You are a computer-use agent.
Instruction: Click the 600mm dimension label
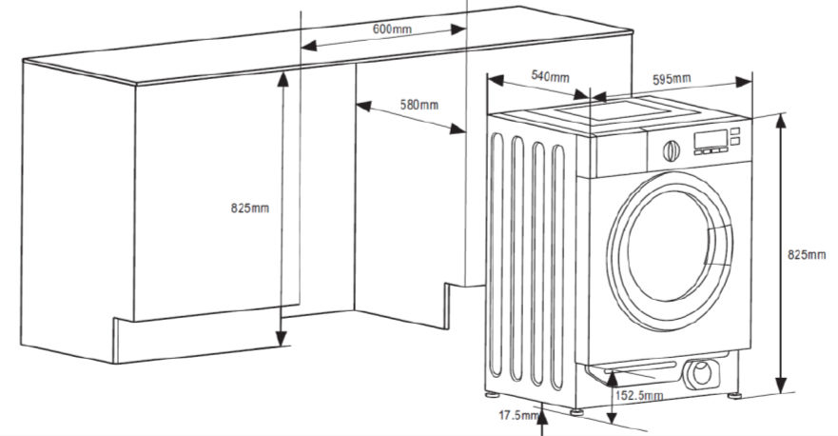tap(392, 29)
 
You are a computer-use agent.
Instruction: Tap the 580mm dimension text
tap(419, 105)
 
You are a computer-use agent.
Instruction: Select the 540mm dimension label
tap(550, 76)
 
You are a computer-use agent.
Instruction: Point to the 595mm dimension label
tap(672, 80)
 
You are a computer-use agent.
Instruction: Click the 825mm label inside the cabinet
tap(250, 208)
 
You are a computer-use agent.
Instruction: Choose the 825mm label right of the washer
tap(807, 255)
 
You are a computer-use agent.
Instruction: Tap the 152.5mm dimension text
tap(639, 396)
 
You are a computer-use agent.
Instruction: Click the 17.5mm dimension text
tap(518, 415)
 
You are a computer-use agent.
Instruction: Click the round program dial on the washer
tap(672, 150)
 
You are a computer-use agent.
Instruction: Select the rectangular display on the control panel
tap(711, 139)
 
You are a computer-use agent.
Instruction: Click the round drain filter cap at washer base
tap(702, 373)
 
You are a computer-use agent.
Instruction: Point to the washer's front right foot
tap(734, 396)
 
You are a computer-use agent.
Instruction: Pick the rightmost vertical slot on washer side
tap(557, 267)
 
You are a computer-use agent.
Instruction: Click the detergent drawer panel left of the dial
tap(619, 155)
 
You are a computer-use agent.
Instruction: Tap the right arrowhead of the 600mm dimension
tap(458, 30)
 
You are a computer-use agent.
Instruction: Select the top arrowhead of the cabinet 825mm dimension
tap(283, 79)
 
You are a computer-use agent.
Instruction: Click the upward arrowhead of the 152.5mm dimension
tap(613, 379)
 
